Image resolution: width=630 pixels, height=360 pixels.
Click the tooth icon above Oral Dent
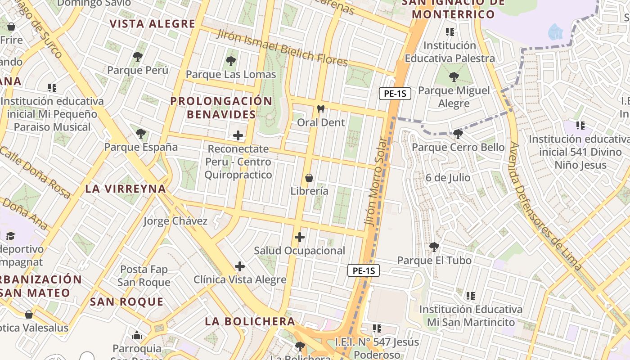pyautogui.click(x=321, y=109)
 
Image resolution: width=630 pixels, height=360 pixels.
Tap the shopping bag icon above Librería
pyautogui.click(x=309, y=178)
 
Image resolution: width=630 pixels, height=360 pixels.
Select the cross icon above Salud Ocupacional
pyautogui.click(x=300, y=237)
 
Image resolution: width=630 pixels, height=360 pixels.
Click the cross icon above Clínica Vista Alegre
pyautogui.click(x=240, y=266)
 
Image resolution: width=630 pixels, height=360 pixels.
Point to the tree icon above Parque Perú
pyautogui.click(x=138, y=57)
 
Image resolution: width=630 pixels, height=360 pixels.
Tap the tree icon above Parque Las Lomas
pyautogui.click(x=231, y=61)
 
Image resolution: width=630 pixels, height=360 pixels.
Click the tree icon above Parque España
pyautogui.click(x=141, y=134)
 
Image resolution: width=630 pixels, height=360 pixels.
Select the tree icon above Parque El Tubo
pyautogui.click(x=434, y=247)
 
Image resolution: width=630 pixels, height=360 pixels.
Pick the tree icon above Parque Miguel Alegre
pyautogui.click(x=454, y=77)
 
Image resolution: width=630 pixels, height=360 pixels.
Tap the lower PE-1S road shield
pyautogui.click(x=364, y=270)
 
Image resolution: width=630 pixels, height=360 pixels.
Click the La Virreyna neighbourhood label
pyautogui.click(x=126, y=189)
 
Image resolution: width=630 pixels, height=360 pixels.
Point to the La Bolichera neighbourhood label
pyautogui.click(x=250, y=321)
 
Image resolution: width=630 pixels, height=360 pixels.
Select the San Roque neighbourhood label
pyautogui.click(x=126, y=301)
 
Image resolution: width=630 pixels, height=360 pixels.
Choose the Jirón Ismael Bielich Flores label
pyautogui.click(x=282, y=48)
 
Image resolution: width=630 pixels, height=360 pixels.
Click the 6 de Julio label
pyautogui.click(x=448, y=178)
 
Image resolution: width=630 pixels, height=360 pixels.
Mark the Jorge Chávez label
pyautogui.click(x=175, y=221)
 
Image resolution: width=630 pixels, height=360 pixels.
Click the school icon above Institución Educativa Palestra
pyautogui.click(x=450, y=32)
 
